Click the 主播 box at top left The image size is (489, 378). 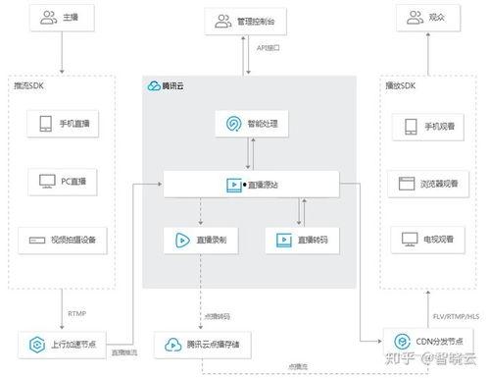tap(63, 18)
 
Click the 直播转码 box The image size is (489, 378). tap(303, 239)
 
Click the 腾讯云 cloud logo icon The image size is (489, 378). tap(155, 85)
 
